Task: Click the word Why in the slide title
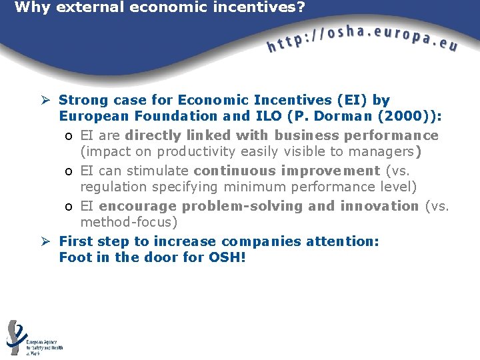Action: (x=29, y=8)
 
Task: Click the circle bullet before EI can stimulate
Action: (x=69, y=171)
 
